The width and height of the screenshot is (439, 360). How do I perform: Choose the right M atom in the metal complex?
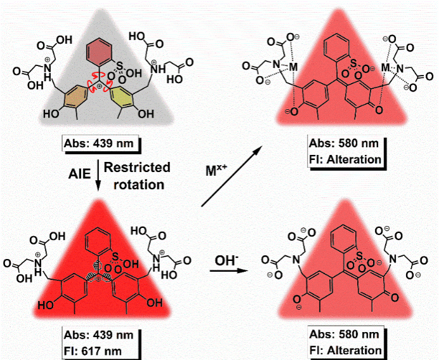(x=385, y=65)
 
